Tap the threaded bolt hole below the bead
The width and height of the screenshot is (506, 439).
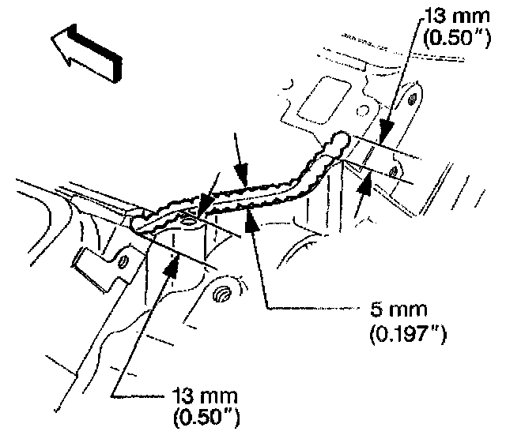(223, 295)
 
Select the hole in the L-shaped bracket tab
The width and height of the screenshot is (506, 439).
(123, 261)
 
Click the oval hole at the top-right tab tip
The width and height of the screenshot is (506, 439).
(412, 99)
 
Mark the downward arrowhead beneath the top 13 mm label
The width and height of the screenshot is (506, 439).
(387, 126)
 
